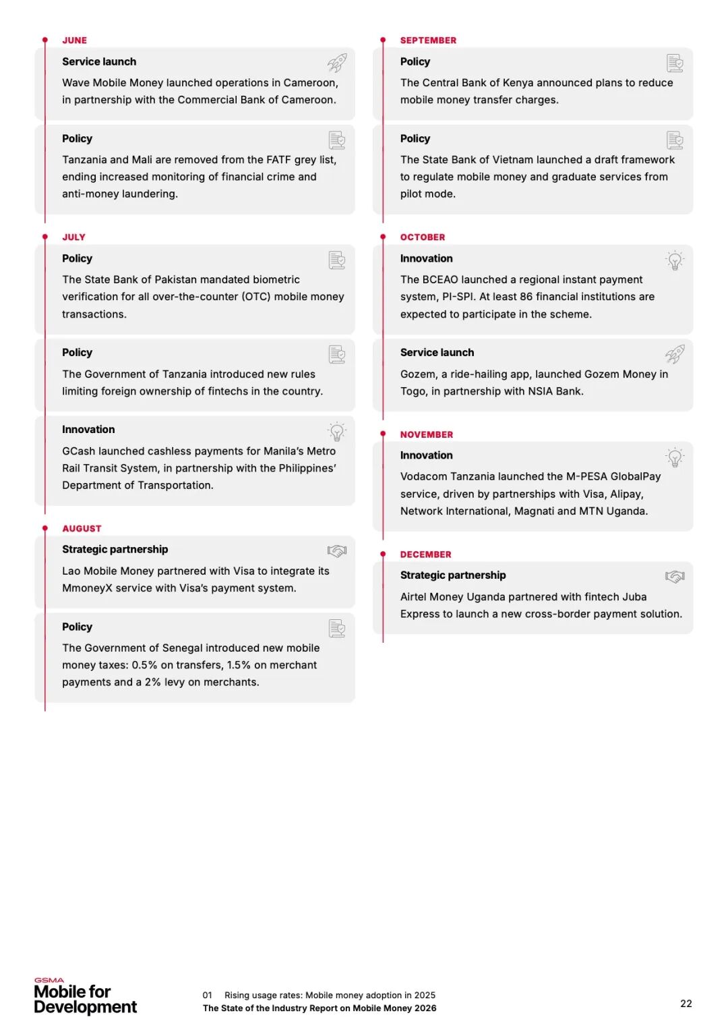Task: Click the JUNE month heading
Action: pos(74,40)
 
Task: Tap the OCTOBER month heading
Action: pos(422,237)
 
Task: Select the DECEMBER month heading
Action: pos(425,554)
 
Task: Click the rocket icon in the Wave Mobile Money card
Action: pos(337,63)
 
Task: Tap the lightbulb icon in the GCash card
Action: pos(337,432)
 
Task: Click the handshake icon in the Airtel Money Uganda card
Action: pos(675,577)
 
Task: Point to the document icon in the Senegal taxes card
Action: pos(337,629)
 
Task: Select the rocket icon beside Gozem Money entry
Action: pos(675,354)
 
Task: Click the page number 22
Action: pos(686,1004)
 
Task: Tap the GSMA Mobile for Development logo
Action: pos(85,997)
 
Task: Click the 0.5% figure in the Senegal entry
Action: pos(144,665)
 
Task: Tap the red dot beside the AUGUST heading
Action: pos(45,528)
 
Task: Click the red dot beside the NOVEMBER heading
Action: pos(383,434)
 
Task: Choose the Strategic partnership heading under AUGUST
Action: pos(115,550)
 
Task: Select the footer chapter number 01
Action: pos(207,996)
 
